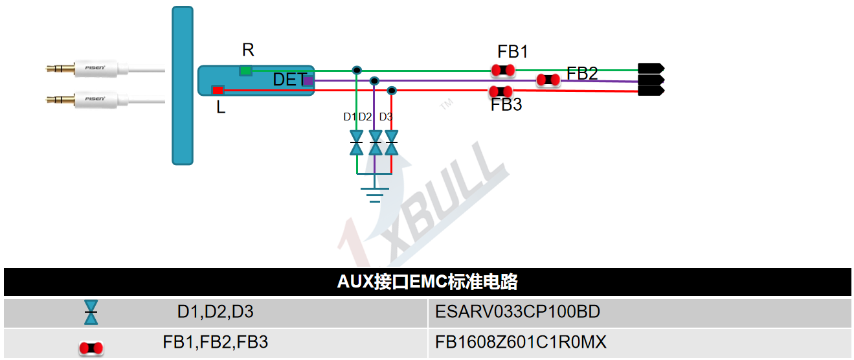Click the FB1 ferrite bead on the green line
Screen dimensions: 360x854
point(502,70)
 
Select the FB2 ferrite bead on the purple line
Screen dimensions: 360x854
point(548,80)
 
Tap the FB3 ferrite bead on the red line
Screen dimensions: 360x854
point(500,91)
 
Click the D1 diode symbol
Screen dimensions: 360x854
point(356,142)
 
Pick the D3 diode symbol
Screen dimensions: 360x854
point(391,142)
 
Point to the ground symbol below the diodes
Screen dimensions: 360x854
point(375,193)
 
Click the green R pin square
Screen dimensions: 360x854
point(245,70)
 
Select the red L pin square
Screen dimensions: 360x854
point(218,89)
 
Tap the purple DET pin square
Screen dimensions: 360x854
point(308,81)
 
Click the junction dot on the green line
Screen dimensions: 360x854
point(356,70)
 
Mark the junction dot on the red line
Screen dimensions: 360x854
point(391,90)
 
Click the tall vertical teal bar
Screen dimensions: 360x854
point(183,85)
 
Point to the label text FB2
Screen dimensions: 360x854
point(582,73)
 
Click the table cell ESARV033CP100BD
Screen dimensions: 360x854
point(517,312)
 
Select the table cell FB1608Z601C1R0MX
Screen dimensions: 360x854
point(521,342)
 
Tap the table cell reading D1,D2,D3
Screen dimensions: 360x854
point(216,312)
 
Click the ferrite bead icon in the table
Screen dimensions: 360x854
point(91,348)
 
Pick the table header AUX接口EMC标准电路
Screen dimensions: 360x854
point(427,282)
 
